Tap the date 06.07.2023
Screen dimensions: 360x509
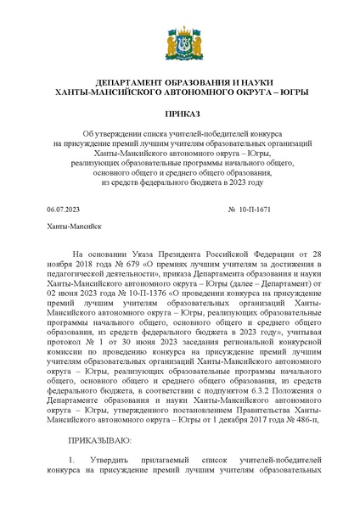click(x=63, y=208)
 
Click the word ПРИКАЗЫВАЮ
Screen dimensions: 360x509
click(x=104, y=440)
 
